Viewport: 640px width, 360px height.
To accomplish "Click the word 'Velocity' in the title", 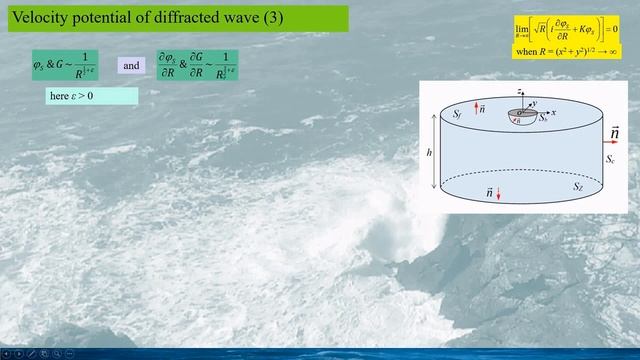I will point(39,18).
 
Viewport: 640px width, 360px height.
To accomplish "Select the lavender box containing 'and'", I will point(132,65).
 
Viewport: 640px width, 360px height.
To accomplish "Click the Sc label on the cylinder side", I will point(609,158).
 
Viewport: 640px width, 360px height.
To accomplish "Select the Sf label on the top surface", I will point(456,116).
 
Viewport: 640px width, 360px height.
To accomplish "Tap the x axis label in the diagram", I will point(553,113).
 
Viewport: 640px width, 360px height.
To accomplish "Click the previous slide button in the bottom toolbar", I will point(7,353).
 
